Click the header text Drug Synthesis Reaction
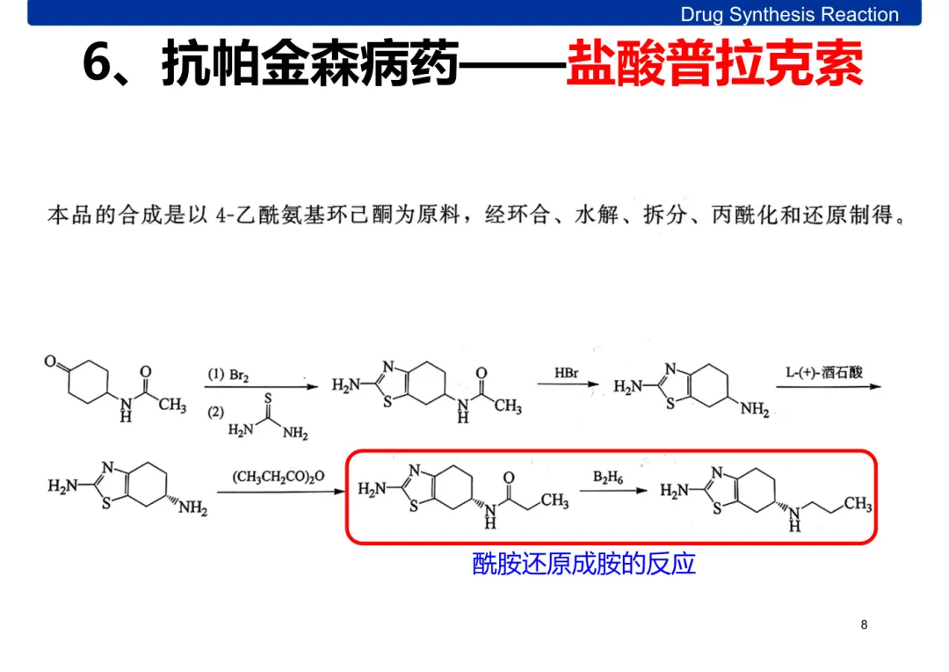(789, 15)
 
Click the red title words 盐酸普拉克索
(714, 63)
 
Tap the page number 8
(864, 625)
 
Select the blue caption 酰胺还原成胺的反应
(583, 563)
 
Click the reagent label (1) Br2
(228, 375)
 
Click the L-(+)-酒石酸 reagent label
(823, 372)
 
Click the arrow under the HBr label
(569, 385)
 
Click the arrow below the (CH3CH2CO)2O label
(279, 492)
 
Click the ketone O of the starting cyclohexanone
(51, 362)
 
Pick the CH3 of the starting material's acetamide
(172, 405)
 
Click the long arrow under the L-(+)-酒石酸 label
(827, 385)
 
